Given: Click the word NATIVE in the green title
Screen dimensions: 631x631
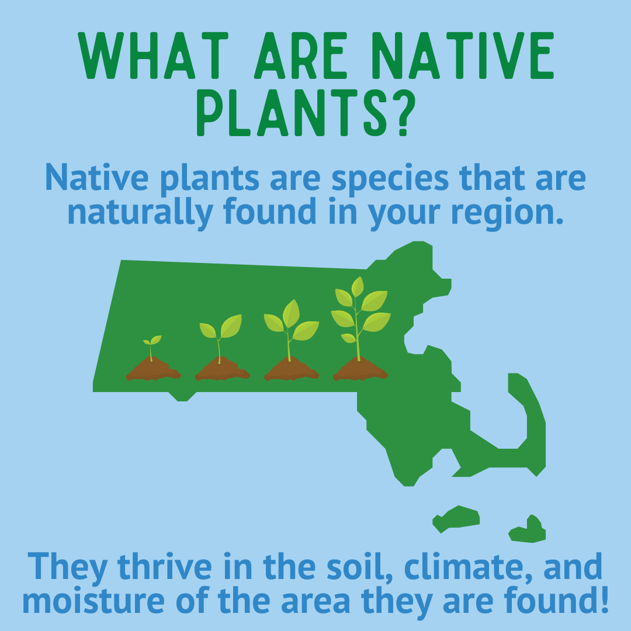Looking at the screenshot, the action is (x=462, y=55).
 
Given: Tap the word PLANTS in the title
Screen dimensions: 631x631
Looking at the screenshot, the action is (x=277, y=113).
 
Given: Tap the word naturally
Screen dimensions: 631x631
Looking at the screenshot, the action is (x=140, y=213).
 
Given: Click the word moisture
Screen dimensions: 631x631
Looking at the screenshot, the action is (x=93, y=601).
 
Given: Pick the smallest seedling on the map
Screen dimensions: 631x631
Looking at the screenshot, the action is (x=152, y=348).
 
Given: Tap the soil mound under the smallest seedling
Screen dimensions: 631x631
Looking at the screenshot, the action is (x=153, y=369).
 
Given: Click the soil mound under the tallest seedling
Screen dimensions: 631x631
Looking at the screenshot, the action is (x=360, y=369).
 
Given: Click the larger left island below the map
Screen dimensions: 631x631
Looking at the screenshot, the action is (x=456, y=519).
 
